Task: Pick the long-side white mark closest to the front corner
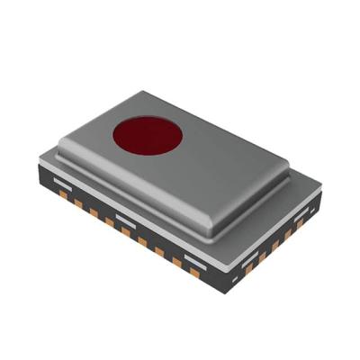click(x=195, y=261)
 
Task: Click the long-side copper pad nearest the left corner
click(x=63, y=194)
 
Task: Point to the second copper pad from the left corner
click(x=78, y=203)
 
